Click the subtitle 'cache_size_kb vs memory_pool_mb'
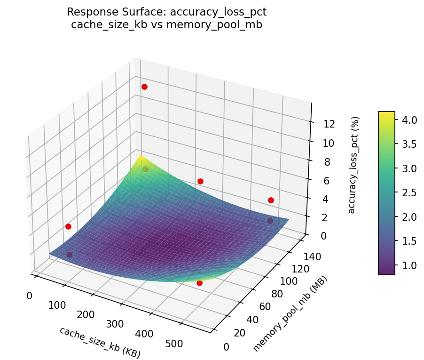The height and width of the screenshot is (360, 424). (x=166, y=25)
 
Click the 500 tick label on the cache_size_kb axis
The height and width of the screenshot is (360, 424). (x=174, y=344)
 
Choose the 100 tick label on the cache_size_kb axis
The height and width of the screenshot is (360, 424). (x=57, y=305)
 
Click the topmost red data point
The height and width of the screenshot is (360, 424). (x=144, y=87)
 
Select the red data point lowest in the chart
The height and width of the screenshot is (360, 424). (x=199, y=283)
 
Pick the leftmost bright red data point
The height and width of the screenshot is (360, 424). (x=68, y=226)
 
